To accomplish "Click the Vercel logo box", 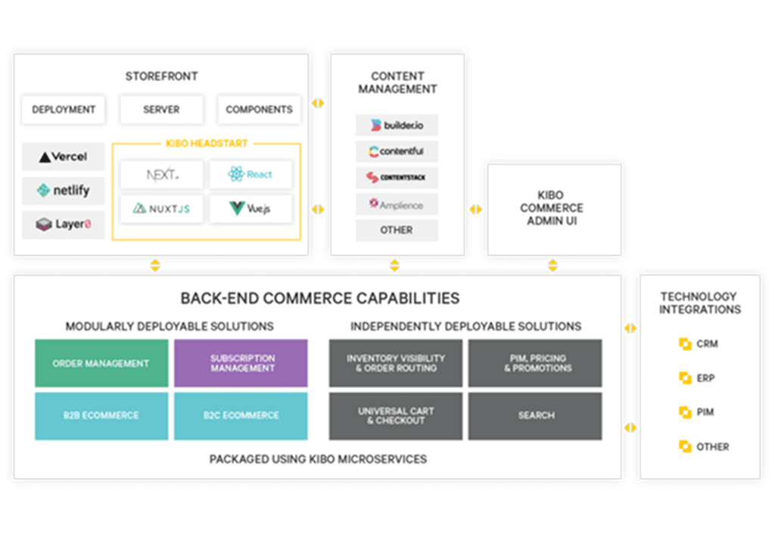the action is pos(64,157).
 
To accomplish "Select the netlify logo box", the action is pos(64,191).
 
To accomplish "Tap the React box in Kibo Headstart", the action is pos(251,174).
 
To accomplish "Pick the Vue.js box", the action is pos(251,209).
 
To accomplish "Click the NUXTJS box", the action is pos(162,209).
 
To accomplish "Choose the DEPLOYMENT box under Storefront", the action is pos(64,109).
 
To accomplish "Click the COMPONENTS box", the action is pos(259,109).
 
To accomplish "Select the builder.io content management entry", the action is pos(397,126).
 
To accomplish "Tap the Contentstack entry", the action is pos(397,178).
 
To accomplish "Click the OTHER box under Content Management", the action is pos(397,230).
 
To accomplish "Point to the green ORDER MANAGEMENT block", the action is pos(101,363).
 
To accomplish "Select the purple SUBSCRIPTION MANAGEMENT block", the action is pos(241,363).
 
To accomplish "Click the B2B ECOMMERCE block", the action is pos(101,416).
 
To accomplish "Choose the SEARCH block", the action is pos(535,416).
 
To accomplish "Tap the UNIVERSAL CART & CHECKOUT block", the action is pos(396,416).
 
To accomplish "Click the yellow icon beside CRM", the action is pos(685,344).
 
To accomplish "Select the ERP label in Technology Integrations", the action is pos(706,378).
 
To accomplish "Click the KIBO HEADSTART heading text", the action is pos(207,143).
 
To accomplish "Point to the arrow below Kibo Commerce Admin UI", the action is pos(553,265).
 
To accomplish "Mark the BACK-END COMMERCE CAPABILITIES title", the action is pos(320,298).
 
